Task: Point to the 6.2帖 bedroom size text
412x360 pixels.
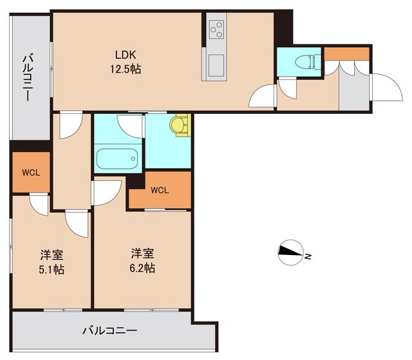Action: coord(142,268)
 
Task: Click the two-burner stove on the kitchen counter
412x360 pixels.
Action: coord(216,30)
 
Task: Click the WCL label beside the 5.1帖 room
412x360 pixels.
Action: coord(30,173)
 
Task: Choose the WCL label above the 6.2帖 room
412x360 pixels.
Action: coord(160,191)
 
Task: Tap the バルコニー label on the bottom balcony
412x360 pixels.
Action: coord(109,331)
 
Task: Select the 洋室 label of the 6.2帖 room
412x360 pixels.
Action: coord(142,253)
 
